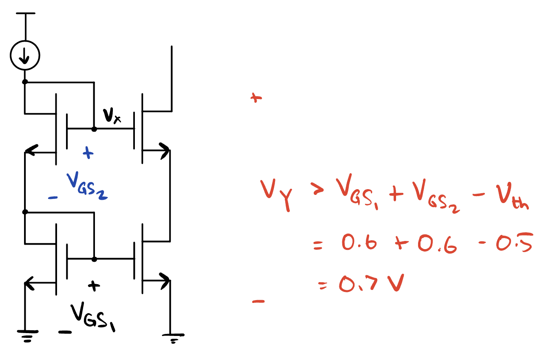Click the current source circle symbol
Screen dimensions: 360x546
[25, 57]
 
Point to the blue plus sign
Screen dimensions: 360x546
[88, 154]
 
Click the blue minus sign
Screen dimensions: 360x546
[52, 198]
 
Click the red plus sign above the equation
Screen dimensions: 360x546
[255, 98]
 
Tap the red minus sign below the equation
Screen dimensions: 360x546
[258, 302]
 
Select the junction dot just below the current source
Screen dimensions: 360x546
[25, 82]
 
